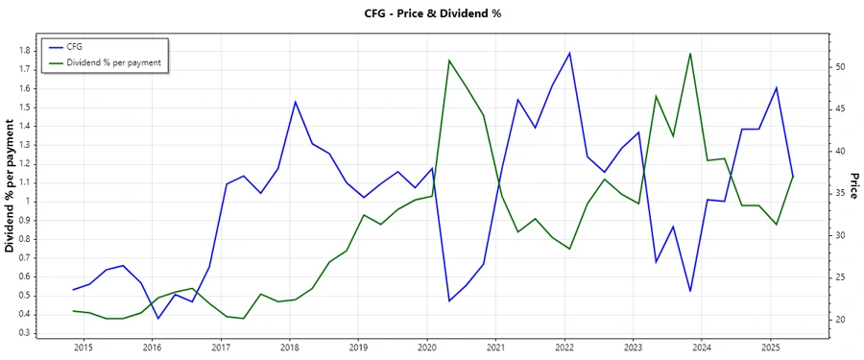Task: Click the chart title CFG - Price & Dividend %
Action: (431, 13)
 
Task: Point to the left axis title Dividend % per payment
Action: (11, 186)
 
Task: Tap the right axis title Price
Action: (852, 186)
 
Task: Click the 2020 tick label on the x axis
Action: (426, 347)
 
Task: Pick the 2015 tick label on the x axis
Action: (83, 347)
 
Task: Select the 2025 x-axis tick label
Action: (770, 347)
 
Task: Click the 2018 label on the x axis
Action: (289, 347)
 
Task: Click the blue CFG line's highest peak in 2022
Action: (569, 53)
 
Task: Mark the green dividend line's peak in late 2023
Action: (690, 54)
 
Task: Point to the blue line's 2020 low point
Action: (449, 301)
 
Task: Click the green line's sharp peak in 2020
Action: (449, 60)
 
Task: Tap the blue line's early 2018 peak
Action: (295, 102)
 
